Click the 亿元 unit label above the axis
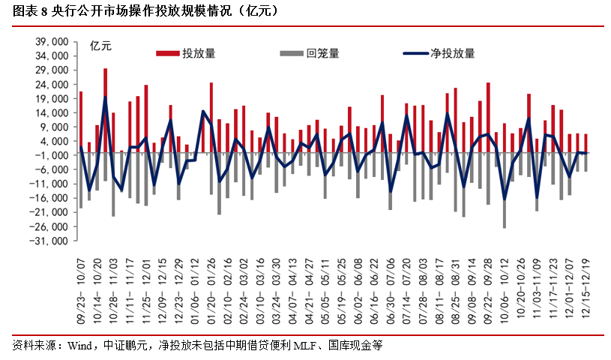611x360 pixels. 100,46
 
